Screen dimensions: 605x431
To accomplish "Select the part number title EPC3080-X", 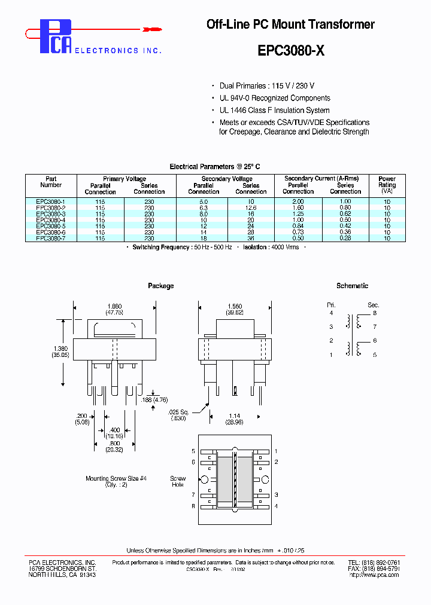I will [291, 51].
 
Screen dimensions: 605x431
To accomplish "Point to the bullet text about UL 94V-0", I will [275, 98].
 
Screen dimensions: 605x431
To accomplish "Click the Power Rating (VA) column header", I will [387, 185].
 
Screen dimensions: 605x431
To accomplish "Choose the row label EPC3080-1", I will [51, 202].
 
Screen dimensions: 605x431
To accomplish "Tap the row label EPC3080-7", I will [51, 238].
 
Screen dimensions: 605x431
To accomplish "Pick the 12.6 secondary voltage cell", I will [251, 208].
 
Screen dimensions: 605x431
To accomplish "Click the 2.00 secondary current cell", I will [298, 202].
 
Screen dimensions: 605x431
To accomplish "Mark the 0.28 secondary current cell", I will [345, 238].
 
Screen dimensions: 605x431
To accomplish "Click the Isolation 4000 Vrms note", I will [271, 247].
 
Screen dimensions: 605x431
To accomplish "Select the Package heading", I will [160, 286].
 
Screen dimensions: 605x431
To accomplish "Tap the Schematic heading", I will [352, 286].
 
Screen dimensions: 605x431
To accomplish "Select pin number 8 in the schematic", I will [375, 313].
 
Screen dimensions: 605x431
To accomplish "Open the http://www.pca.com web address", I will [374, 575].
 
